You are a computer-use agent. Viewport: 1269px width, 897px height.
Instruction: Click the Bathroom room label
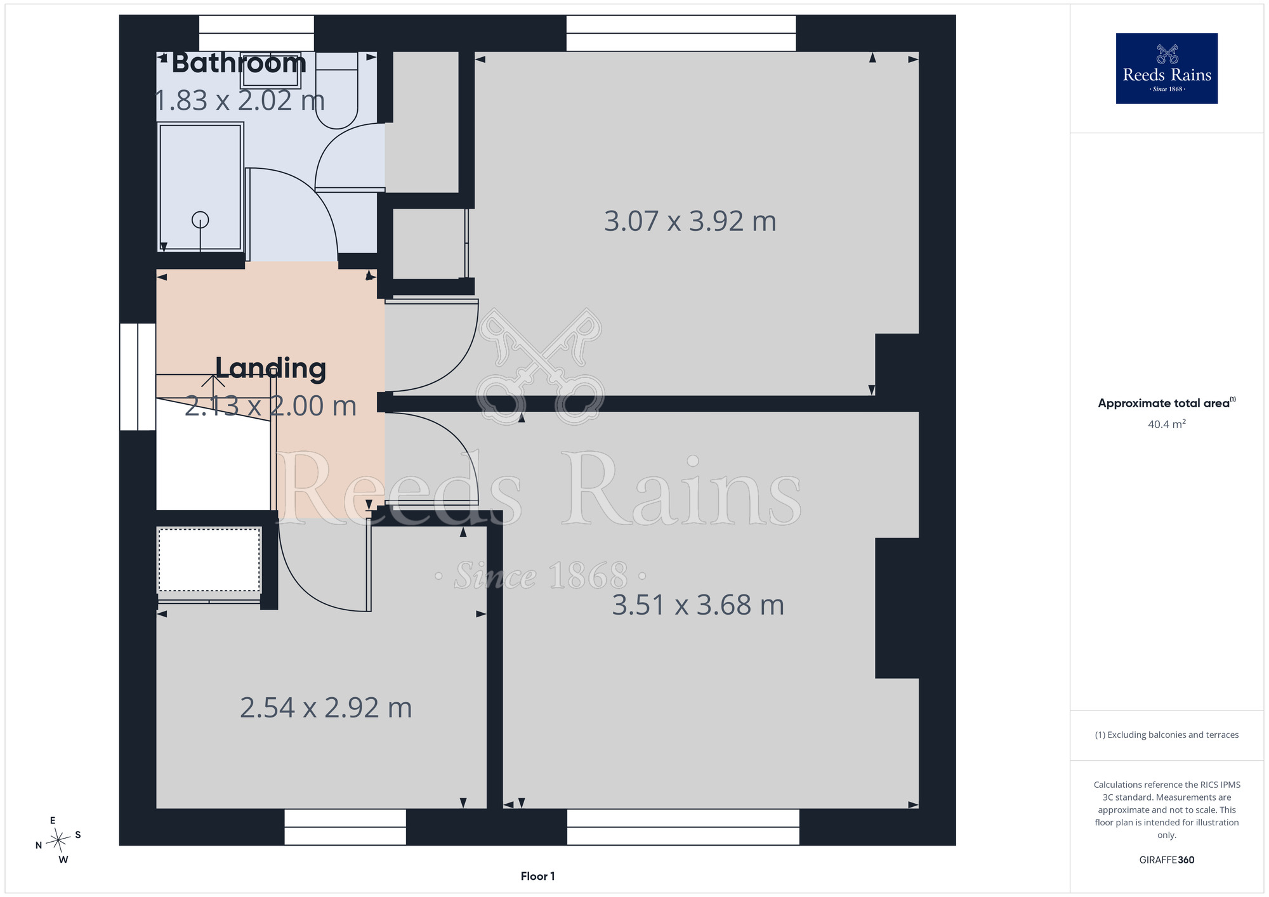point(239,63)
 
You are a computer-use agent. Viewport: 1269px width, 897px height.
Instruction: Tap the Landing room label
point(271,369)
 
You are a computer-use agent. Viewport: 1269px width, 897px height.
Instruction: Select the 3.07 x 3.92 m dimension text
point(690,221)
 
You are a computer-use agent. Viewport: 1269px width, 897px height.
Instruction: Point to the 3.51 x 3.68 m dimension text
point(698,605)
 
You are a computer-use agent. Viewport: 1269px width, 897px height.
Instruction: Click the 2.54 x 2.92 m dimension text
point(326,708)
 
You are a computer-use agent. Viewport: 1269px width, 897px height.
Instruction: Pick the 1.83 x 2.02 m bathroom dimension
point(240,101)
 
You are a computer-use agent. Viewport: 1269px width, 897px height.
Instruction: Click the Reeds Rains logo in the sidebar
point(1167,69)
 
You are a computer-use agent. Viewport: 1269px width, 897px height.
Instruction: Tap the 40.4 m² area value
point(1167,424)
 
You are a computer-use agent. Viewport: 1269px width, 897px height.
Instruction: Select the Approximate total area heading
point(1167,403)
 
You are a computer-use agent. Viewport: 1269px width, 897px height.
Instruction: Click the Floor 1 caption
point(538,876)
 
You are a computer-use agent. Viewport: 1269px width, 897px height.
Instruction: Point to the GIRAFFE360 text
point(1167,860)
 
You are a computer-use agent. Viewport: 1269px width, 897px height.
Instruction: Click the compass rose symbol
point(58,841)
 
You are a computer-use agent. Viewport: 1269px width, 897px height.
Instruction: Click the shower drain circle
point(201,220)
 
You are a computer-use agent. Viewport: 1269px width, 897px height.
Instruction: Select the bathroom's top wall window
point(256,33)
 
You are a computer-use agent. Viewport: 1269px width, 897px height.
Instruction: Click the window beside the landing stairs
point(138,377)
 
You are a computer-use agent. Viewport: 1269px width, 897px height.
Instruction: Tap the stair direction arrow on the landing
point(213,381)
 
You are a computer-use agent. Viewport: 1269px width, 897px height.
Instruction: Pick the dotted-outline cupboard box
point(209,560)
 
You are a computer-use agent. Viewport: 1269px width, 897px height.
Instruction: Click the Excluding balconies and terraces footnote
point(1167,735)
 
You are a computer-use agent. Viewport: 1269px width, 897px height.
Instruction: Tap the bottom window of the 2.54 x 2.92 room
point(345,827)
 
